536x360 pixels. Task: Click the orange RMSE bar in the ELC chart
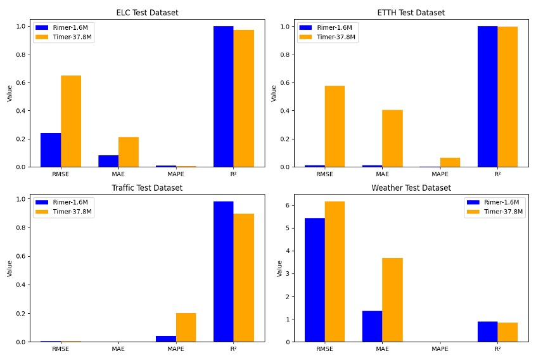[71, 121]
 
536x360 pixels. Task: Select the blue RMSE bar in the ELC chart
[51, 150]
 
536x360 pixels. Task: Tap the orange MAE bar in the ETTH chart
[392, 138]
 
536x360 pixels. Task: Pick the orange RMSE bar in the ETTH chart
[335, 126]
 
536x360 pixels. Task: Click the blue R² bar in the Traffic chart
[223, 271]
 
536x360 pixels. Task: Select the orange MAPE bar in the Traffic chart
[186, 327]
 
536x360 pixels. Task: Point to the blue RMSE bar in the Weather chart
[315, 280]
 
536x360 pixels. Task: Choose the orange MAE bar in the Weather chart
[392, 300]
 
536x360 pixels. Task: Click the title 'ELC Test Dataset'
[147, 13]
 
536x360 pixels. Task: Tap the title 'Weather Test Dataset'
[411, 188]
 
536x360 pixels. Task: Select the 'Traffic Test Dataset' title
[147, 188]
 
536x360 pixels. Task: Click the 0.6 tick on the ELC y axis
[23, 82]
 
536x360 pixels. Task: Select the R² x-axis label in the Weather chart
[497, 349]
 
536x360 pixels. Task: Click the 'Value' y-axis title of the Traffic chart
[10, 268]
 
